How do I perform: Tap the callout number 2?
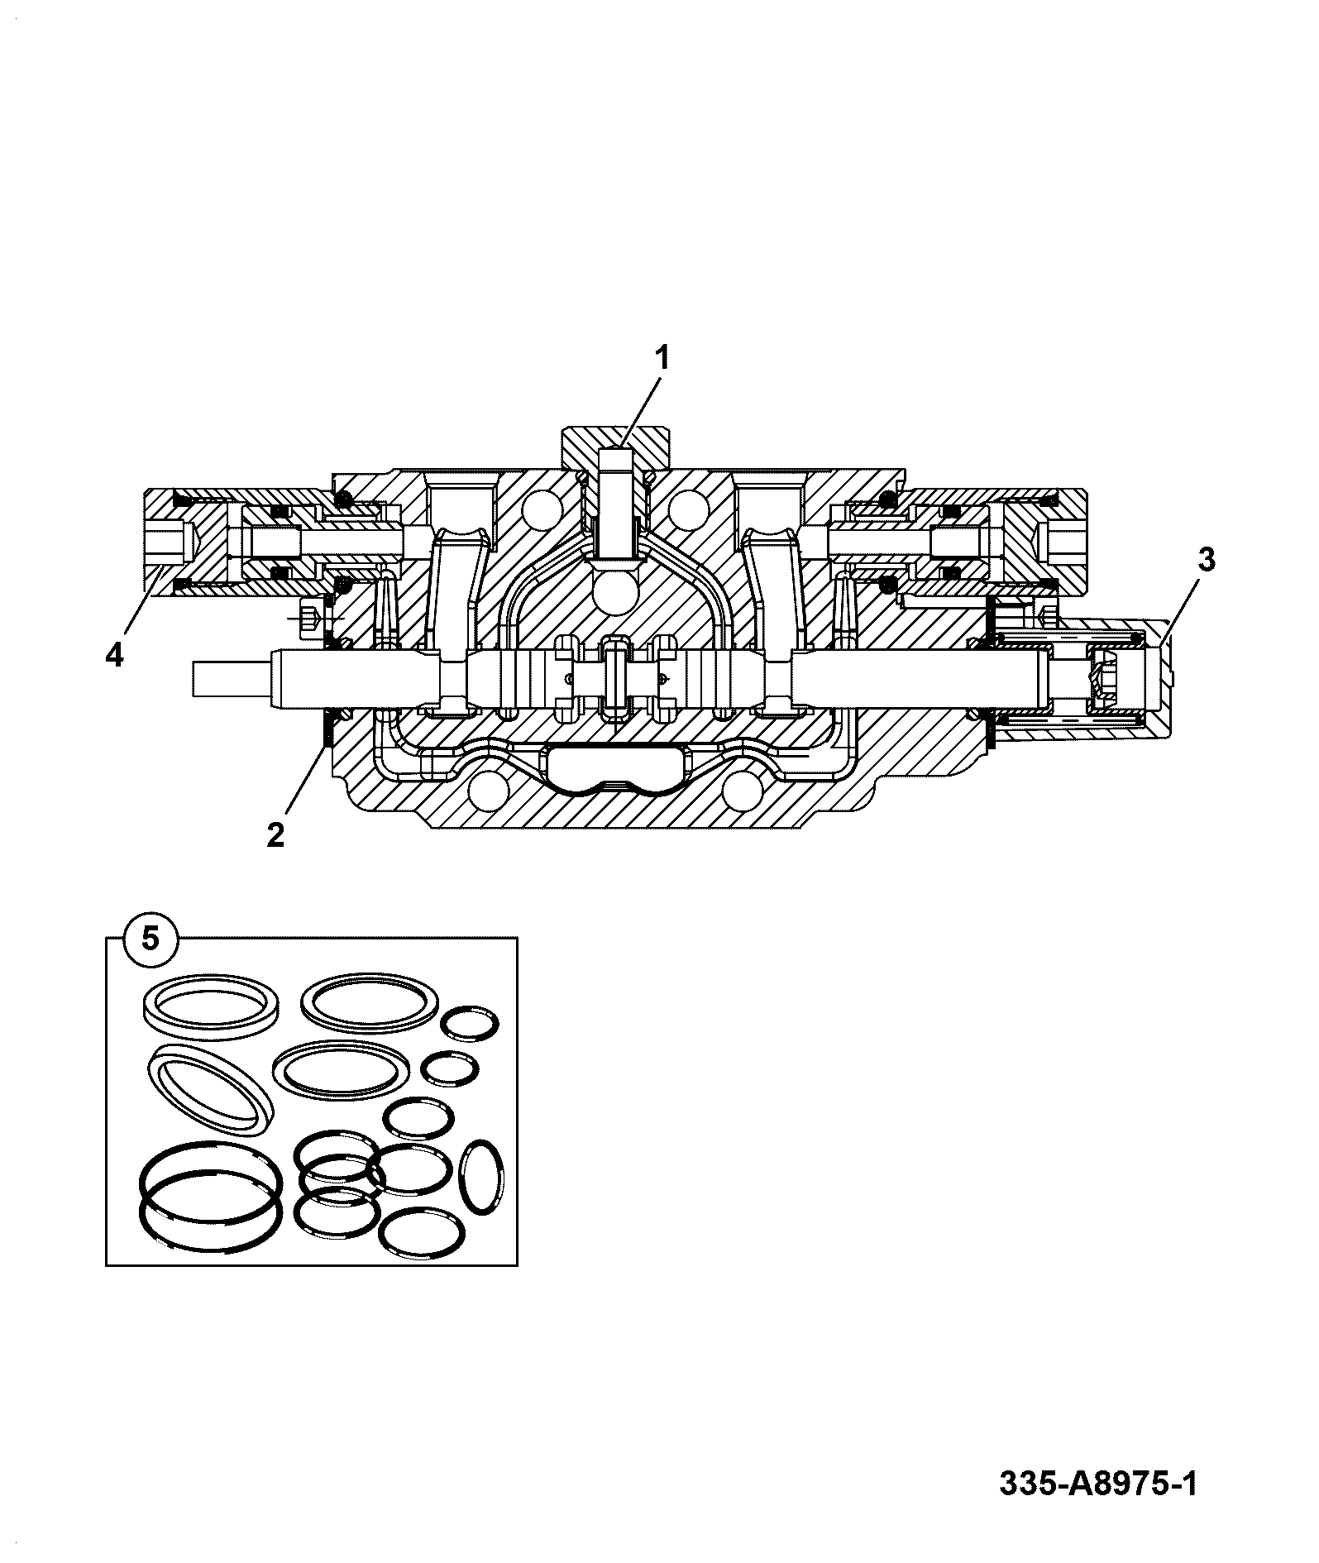(275, 834)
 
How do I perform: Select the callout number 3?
(1207, 560)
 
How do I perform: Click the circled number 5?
(150, 939)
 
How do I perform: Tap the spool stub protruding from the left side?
(232, 681)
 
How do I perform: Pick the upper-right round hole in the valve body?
(689, 507)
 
